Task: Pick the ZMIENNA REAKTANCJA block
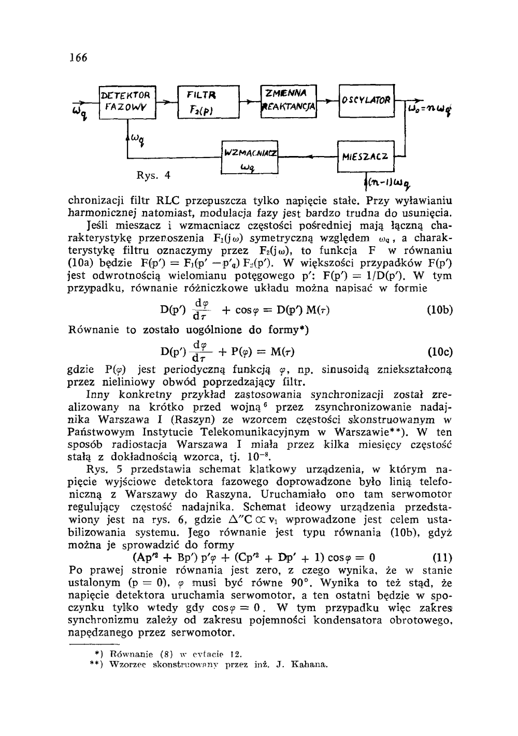pyautogui.click(x=289, y=101)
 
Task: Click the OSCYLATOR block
pyautogui.click(x=366, y=100)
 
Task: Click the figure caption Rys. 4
pyautogui.click(x=153, y=175)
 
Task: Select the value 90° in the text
pyautogui.click(x=300, y=582)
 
